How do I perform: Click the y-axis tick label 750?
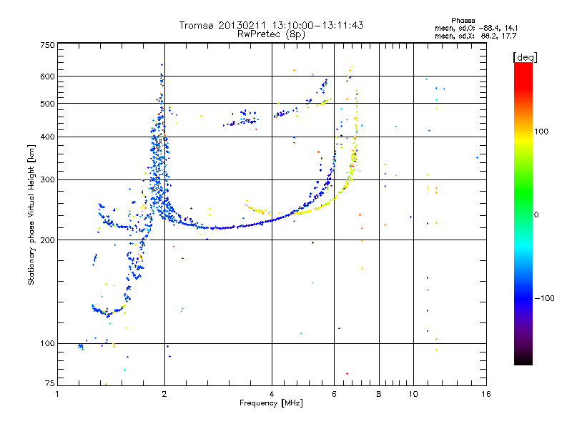point(47,45)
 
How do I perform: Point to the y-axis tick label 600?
point(47,77)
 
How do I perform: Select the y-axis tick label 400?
point(47,137)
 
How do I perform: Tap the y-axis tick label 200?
point(47,240)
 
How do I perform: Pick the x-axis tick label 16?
point(485,394)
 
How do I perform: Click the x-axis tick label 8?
point(378,394)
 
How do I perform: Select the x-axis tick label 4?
point(272,394)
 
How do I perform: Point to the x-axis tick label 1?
point(58,394)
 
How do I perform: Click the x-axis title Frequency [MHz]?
point(271,404)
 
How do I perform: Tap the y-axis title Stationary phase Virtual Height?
point(31,215)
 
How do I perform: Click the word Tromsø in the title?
point(197,25)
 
